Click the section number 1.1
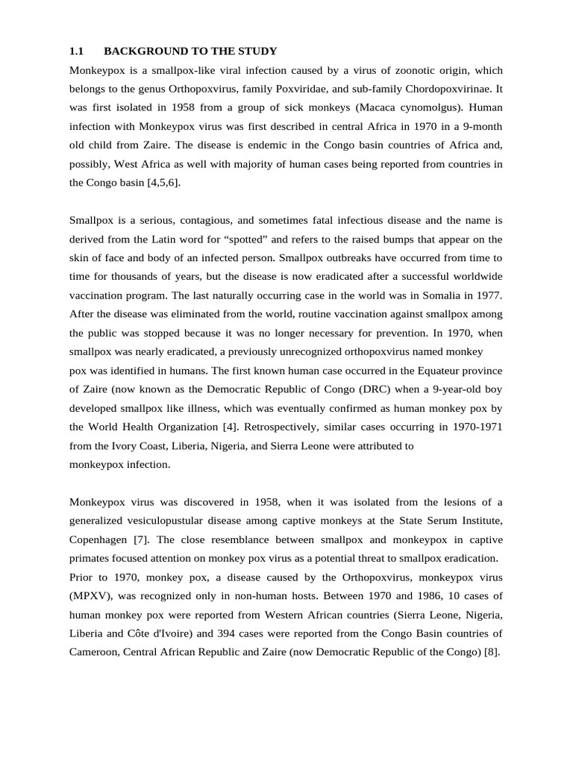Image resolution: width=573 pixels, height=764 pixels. point(76,51)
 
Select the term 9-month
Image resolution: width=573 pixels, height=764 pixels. point(481,127)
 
